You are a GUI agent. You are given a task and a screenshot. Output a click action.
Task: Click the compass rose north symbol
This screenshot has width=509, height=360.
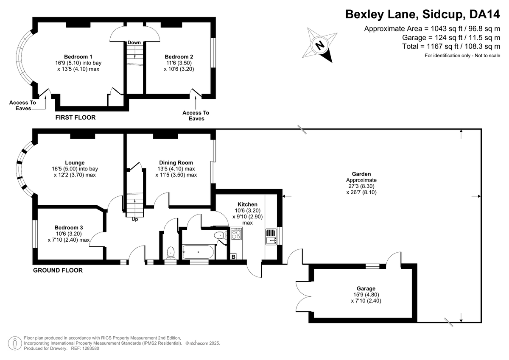(320, 44)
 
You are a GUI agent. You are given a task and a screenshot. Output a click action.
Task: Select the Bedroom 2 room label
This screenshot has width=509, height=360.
(179, 57)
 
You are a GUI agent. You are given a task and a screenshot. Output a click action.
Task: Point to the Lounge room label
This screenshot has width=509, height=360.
(75, 162)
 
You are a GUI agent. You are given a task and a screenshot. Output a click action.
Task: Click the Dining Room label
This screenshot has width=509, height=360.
(176, 162)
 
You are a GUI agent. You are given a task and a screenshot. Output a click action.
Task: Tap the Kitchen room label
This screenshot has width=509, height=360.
(247, 204)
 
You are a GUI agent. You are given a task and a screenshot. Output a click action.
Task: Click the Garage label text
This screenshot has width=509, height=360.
(366, 288)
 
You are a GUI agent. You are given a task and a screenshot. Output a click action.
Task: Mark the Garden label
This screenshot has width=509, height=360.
(361, 174)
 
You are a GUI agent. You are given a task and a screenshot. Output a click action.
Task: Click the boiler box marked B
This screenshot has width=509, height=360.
(233, 257)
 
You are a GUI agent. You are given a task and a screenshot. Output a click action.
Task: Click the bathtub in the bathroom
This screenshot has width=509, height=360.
(198, 253)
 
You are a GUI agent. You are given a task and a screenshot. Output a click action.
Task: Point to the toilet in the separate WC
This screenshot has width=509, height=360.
(171, 253)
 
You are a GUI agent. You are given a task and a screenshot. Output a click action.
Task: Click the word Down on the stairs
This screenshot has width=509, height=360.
(134, 42)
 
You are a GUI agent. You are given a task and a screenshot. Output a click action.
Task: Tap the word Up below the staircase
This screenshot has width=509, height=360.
(135, 220)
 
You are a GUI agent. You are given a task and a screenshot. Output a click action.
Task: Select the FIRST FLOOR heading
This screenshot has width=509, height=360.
(76, 117)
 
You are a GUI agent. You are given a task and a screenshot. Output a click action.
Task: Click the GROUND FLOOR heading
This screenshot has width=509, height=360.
(58, 270)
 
